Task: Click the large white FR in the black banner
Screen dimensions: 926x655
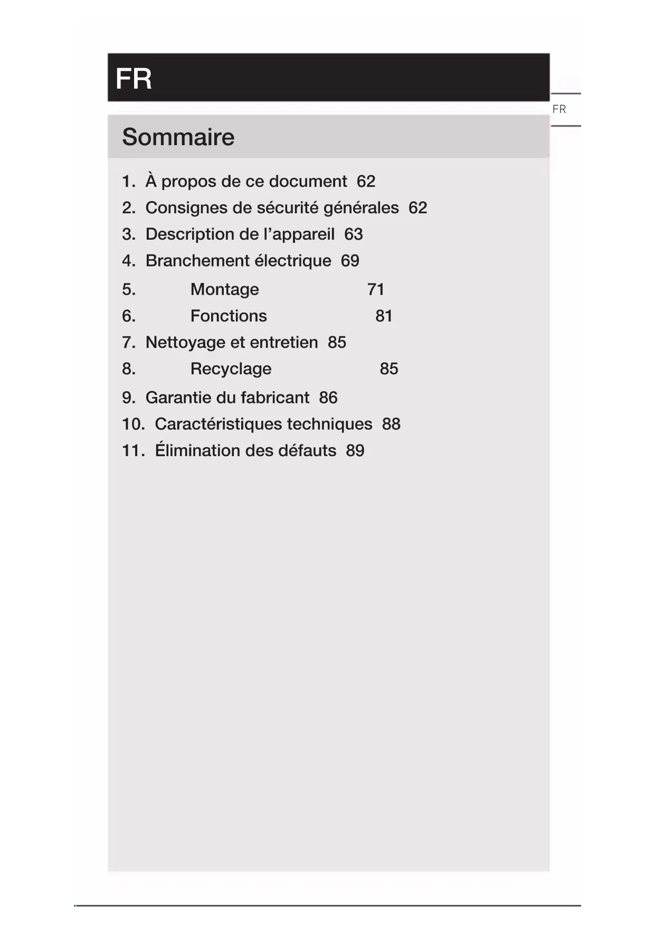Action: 134,79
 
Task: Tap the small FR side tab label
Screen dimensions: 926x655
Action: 559,109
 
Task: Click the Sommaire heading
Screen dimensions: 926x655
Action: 178,137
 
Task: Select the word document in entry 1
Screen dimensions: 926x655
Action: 314,181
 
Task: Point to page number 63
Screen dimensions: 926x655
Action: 354,234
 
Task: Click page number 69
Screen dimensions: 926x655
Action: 350,261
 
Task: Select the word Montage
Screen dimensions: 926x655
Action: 225,289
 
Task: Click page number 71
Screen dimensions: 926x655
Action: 376,289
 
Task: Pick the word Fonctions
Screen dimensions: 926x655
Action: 229,316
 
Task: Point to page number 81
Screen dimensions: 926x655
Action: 384,316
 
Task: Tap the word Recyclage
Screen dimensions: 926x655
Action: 231,368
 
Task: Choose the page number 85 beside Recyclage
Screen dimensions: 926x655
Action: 389,368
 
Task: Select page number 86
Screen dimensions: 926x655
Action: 328,398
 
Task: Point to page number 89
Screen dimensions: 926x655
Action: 355,450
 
